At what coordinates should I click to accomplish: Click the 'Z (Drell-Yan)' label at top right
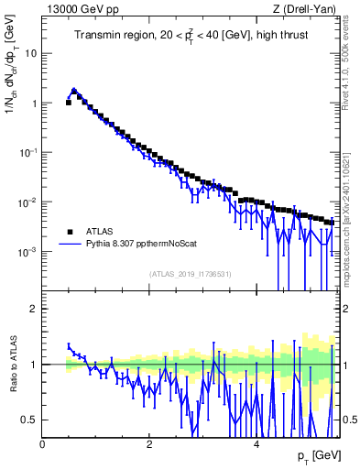click(x=304, y=9)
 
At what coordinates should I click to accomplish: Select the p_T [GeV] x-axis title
click(x=314, y=456)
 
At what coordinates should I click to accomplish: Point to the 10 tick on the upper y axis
click(x=32, y=53)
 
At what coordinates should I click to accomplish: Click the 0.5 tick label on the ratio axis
click(x=30, y=420)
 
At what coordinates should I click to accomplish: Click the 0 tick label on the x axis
click(x=42, y=445)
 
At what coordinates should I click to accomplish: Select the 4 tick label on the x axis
click(x=256, y=445)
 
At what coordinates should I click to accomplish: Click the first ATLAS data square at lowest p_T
click(x=69, y=103)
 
